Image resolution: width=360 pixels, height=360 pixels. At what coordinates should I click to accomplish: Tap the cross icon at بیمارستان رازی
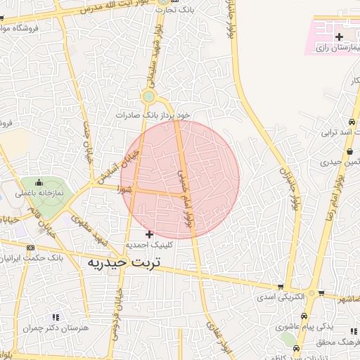(x=340, y=36)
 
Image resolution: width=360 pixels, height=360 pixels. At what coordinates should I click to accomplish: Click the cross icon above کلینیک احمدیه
(x=149, y=233)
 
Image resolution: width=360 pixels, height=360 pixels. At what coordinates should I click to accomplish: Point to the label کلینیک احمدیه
(x=149, y=245)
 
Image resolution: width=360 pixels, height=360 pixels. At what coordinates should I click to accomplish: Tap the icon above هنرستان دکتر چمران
(x=56, y=318)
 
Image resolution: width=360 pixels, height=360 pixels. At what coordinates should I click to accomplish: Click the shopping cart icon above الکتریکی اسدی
(x=281, y=287)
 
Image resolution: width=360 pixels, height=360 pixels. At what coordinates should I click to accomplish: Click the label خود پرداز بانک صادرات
(x=153, y=114)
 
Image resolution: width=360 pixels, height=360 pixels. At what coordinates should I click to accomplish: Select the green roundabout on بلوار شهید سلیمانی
(x=148, y=97)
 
